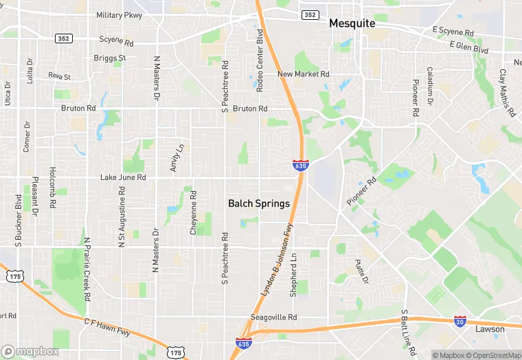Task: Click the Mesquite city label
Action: pyautogui.click(x=352, y=23)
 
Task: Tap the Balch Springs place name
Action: pyautogui.click(x=258, y=204)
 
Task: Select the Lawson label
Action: pyautogui.click(x=490, y=329)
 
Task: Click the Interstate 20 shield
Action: pyautogui.click(x=460, y=321)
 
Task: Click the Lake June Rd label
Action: pyautogui.click(x=124, y=177)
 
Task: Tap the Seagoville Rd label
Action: pyautogui.click(x=273, y=317)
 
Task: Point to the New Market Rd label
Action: pyautogui.click(x=304, y=74)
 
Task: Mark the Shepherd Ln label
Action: pyautogui.click(x=293, y=275)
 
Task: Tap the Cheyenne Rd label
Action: pyautogui.click(x=194, y=218)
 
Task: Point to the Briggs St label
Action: pyautogui.click(x=110, y=58)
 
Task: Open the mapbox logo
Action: pyautogui.click(x=30, y=351)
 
